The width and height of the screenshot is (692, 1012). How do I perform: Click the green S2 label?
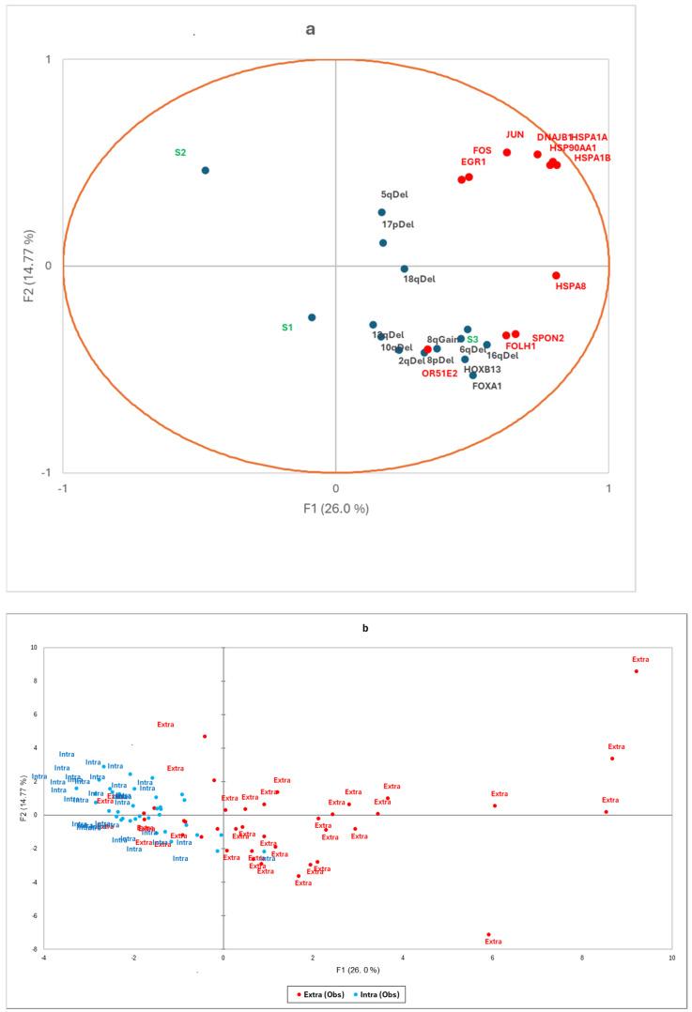tap(180, 152)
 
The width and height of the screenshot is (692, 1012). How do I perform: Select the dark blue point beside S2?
tap(205, 170)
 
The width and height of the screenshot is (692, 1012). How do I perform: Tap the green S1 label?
tap(287, 328)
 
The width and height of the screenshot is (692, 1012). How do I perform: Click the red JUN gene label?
tap(515, 135)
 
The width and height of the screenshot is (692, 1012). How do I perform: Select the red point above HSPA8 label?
tap(556, 275)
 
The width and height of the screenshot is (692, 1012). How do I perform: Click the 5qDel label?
tap(395, 195)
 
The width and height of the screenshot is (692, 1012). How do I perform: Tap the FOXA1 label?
tap(486, 385)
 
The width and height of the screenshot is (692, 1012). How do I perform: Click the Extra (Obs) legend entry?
tap(315, 992)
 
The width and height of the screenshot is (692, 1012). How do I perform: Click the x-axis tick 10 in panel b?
tap(671, 958)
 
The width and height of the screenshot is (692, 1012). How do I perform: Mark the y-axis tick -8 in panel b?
tap(33, 949)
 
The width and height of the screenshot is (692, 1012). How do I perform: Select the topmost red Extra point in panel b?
tap(636, 670)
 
